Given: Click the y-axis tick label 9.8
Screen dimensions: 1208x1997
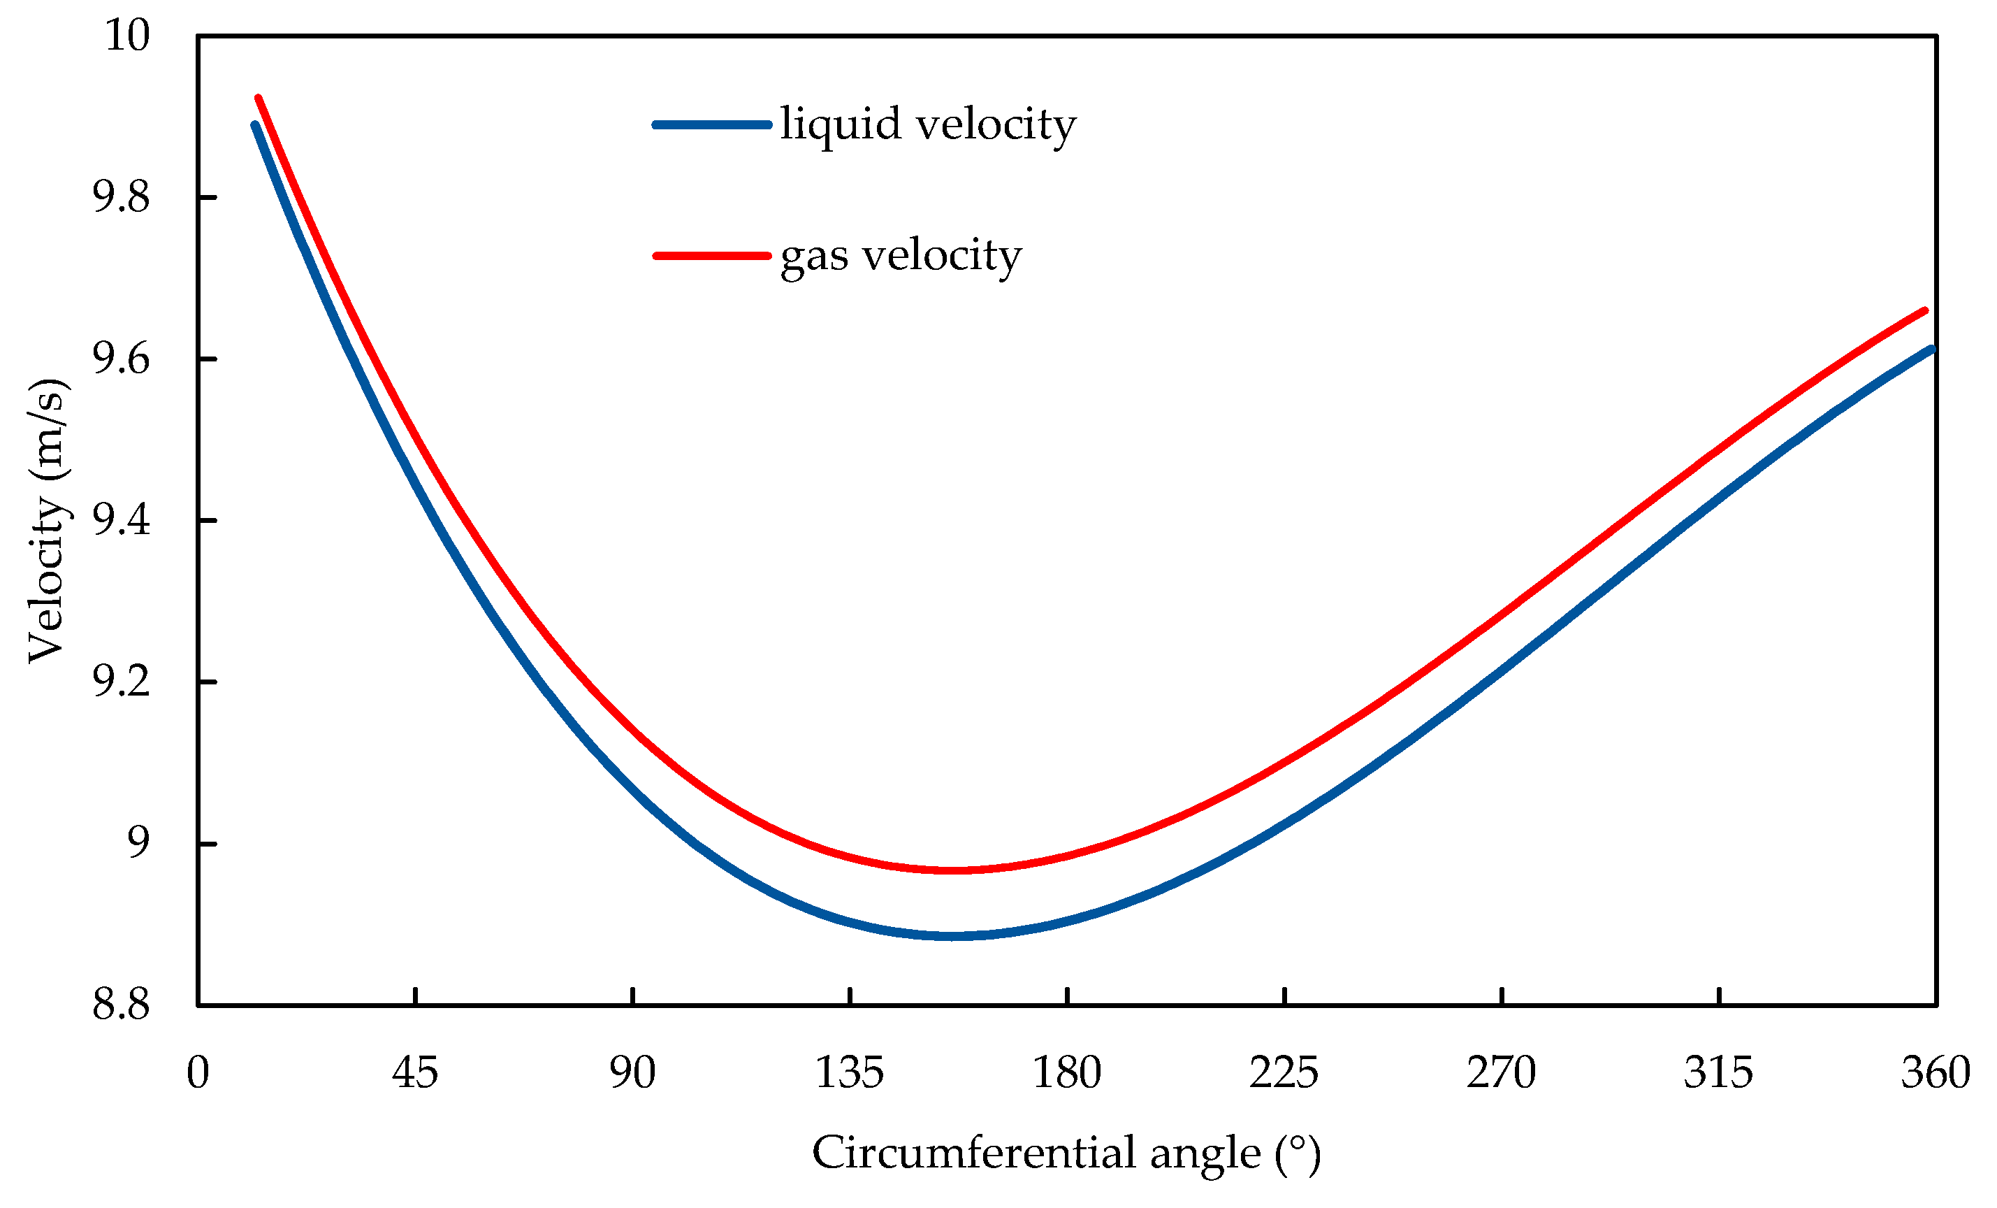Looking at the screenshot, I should [121, 198].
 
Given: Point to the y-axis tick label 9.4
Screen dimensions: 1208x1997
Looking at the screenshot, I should [121, 521].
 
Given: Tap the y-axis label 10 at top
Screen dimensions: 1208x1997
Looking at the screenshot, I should [127, 36].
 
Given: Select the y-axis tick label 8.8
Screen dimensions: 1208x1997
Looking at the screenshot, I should [121, 1005].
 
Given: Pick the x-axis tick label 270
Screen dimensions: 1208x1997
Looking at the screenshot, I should [1501, 1073].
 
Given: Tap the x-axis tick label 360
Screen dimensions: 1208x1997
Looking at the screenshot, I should [1936, 1073].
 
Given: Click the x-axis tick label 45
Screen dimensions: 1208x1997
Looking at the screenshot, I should [415, 1073].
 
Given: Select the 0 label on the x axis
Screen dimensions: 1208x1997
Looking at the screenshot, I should [198, 1073].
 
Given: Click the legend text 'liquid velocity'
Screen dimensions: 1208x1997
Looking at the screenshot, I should [928, 125].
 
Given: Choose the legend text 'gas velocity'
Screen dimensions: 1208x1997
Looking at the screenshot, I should [901, 256].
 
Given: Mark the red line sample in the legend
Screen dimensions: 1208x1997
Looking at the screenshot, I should [711, 256].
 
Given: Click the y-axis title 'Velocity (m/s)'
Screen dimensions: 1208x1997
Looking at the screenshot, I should [46, 521].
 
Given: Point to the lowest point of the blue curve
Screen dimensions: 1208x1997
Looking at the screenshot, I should [957, 936].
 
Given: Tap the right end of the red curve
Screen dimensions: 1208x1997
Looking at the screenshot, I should [1925, 310].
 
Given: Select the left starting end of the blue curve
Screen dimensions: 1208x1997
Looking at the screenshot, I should [254, 125].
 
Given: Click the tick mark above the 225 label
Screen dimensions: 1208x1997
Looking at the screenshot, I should [1284, 996].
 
